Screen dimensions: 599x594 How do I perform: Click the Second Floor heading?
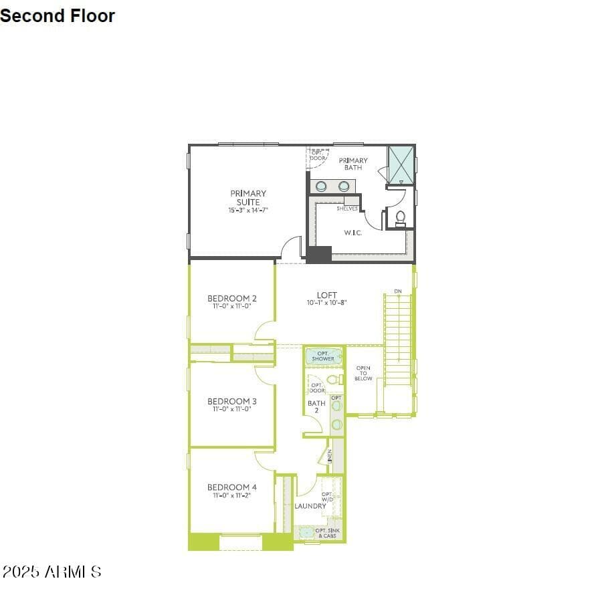tap(58, 16)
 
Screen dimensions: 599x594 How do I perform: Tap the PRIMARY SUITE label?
tap(248, 198)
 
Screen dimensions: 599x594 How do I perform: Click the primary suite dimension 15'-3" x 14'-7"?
tap(248, 211)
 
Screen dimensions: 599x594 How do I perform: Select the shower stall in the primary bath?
tap(401, 164)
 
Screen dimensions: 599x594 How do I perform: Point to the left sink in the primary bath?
tap(322, 186)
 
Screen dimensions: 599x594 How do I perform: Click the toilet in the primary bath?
tap(401, 217)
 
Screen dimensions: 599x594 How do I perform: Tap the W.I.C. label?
tap(353, 233)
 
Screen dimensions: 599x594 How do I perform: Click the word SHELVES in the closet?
tap(347, 209)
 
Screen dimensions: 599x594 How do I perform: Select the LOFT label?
tap(327, 295)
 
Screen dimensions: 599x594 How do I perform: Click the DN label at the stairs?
tap(398, 291)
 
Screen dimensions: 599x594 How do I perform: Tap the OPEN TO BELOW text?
tap(363, 373)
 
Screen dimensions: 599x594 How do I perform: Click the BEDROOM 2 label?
tap(232, 298)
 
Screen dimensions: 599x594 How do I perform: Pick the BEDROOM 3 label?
tap(232, 401)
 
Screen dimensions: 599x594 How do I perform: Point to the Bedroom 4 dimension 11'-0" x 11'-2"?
tap(232, 496)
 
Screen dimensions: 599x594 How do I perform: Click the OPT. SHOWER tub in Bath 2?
tap(323, 356)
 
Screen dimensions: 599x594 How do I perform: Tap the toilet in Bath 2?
tap(336, 380)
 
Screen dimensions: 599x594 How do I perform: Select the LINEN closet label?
tap(330, 456)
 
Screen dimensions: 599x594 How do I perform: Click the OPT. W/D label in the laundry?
tap(328, 497)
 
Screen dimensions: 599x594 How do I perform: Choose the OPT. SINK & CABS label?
tap(327, 533)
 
